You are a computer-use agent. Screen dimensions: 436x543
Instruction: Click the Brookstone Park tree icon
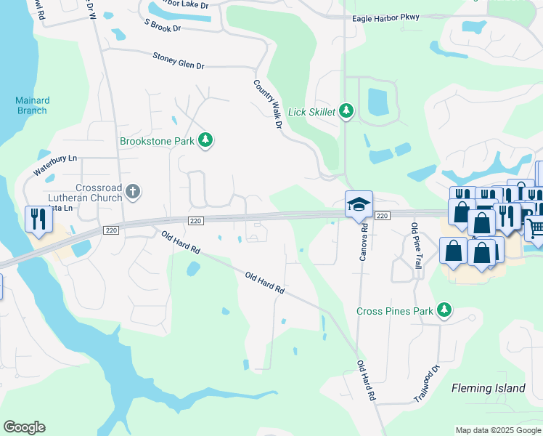[206, 140]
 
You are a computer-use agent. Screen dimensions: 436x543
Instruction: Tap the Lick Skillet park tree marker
[347, 111]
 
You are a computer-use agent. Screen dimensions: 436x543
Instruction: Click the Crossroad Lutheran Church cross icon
[132, 192]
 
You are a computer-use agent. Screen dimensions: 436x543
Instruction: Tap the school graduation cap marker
[359, 205]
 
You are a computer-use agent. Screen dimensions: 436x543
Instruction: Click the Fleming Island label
[488, 388]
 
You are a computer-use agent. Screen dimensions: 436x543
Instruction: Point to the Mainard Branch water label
[32, 105]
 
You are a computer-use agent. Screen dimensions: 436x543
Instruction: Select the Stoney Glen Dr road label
[178, 60]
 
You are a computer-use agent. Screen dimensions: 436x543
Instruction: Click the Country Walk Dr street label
[266, 105]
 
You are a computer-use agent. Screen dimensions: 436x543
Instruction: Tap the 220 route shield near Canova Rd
[383, 216]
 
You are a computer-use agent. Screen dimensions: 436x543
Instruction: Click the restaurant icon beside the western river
[36, 219]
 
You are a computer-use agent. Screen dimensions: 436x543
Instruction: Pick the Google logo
[24, 427]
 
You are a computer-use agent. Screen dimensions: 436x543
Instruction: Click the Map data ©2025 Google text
[498, 430]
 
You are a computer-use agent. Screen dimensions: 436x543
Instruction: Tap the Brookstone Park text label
[158, 141]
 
